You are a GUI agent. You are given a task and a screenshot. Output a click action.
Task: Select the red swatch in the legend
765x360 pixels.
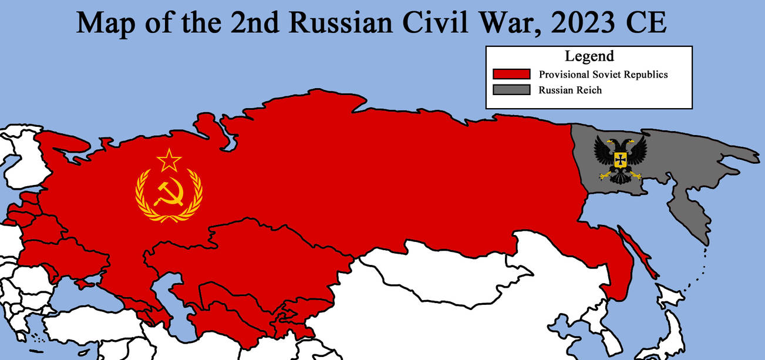[x=511, y=75]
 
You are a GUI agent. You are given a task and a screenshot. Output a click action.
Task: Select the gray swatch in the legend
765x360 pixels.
[x=511, y=90]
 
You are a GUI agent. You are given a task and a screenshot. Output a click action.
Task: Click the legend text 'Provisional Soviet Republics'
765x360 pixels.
[x=604, y=75]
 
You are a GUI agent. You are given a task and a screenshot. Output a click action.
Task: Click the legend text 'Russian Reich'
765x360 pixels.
[x=570, y=90]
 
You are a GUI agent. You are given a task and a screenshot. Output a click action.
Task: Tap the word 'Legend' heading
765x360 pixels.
[x=589, y=56]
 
